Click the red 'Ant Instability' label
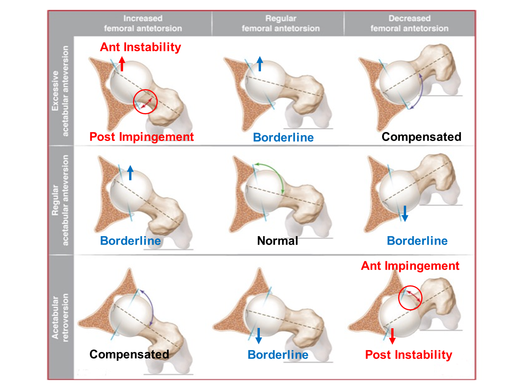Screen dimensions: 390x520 (140, 47)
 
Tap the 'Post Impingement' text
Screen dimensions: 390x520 (141, 137)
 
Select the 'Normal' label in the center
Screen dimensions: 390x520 (277, 241)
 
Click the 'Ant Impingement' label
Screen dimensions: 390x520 (410, 266)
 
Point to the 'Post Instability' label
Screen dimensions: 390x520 (408, 355)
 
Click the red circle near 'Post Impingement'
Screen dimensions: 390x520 (145, 102)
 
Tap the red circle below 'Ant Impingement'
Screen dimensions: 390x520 (410, 297)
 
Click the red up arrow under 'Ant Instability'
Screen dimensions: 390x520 (122, 64)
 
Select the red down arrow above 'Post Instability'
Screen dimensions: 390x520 (392, 336)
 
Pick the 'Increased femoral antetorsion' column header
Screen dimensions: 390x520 (143, 23)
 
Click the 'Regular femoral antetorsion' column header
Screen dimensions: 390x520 (281, 23)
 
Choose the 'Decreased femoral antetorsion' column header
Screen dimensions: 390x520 (410, 23)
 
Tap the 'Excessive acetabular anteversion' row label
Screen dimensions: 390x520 (61, 91)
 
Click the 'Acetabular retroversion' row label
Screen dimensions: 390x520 (61, 317)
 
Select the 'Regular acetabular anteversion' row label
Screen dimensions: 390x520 (61, 200)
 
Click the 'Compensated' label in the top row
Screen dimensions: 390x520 (421, 137)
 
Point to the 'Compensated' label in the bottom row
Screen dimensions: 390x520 (129, 354)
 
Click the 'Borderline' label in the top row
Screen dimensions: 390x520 (283, 137)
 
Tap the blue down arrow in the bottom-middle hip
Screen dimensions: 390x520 (259, 336)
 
